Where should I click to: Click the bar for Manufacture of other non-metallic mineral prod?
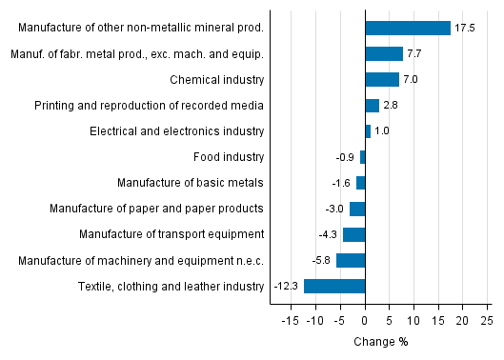pos(408,28)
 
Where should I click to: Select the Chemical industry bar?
pos(382,79)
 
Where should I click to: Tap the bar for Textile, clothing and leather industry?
pos(334,286)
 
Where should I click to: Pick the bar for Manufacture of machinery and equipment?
pos(351,260)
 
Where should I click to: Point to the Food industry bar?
pos(362,157)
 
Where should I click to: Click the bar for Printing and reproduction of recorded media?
pos(372,105)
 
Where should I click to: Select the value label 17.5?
pos(465,28)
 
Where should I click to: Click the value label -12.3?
pos(287,286)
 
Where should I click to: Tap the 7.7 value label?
pos(415,53)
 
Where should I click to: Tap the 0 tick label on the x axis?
pos(365,322)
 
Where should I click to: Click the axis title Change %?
pos(381,342)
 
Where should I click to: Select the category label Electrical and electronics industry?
pos(176,130)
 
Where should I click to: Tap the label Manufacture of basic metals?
pos(191,182)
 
